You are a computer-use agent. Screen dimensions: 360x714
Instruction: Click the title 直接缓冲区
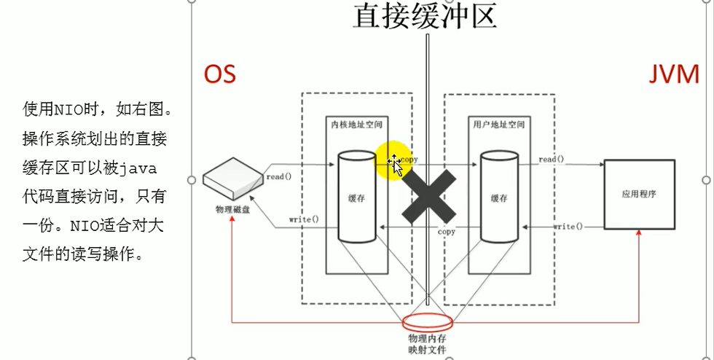pos(425,16)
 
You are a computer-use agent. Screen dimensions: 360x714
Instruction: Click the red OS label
pos(220,74)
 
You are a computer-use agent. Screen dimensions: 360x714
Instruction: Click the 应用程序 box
pos(638,195)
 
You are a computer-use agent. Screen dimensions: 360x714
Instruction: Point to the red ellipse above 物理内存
pos(428,321)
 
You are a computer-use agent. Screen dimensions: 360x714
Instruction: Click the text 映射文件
pos(428,351)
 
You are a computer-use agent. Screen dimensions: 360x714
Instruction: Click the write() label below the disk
pos(304,219)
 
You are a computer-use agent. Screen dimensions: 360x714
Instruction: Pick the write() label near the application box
pos(568,227)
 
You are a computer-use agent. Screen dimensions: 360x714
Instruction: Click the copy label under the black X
pos(446,232)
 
